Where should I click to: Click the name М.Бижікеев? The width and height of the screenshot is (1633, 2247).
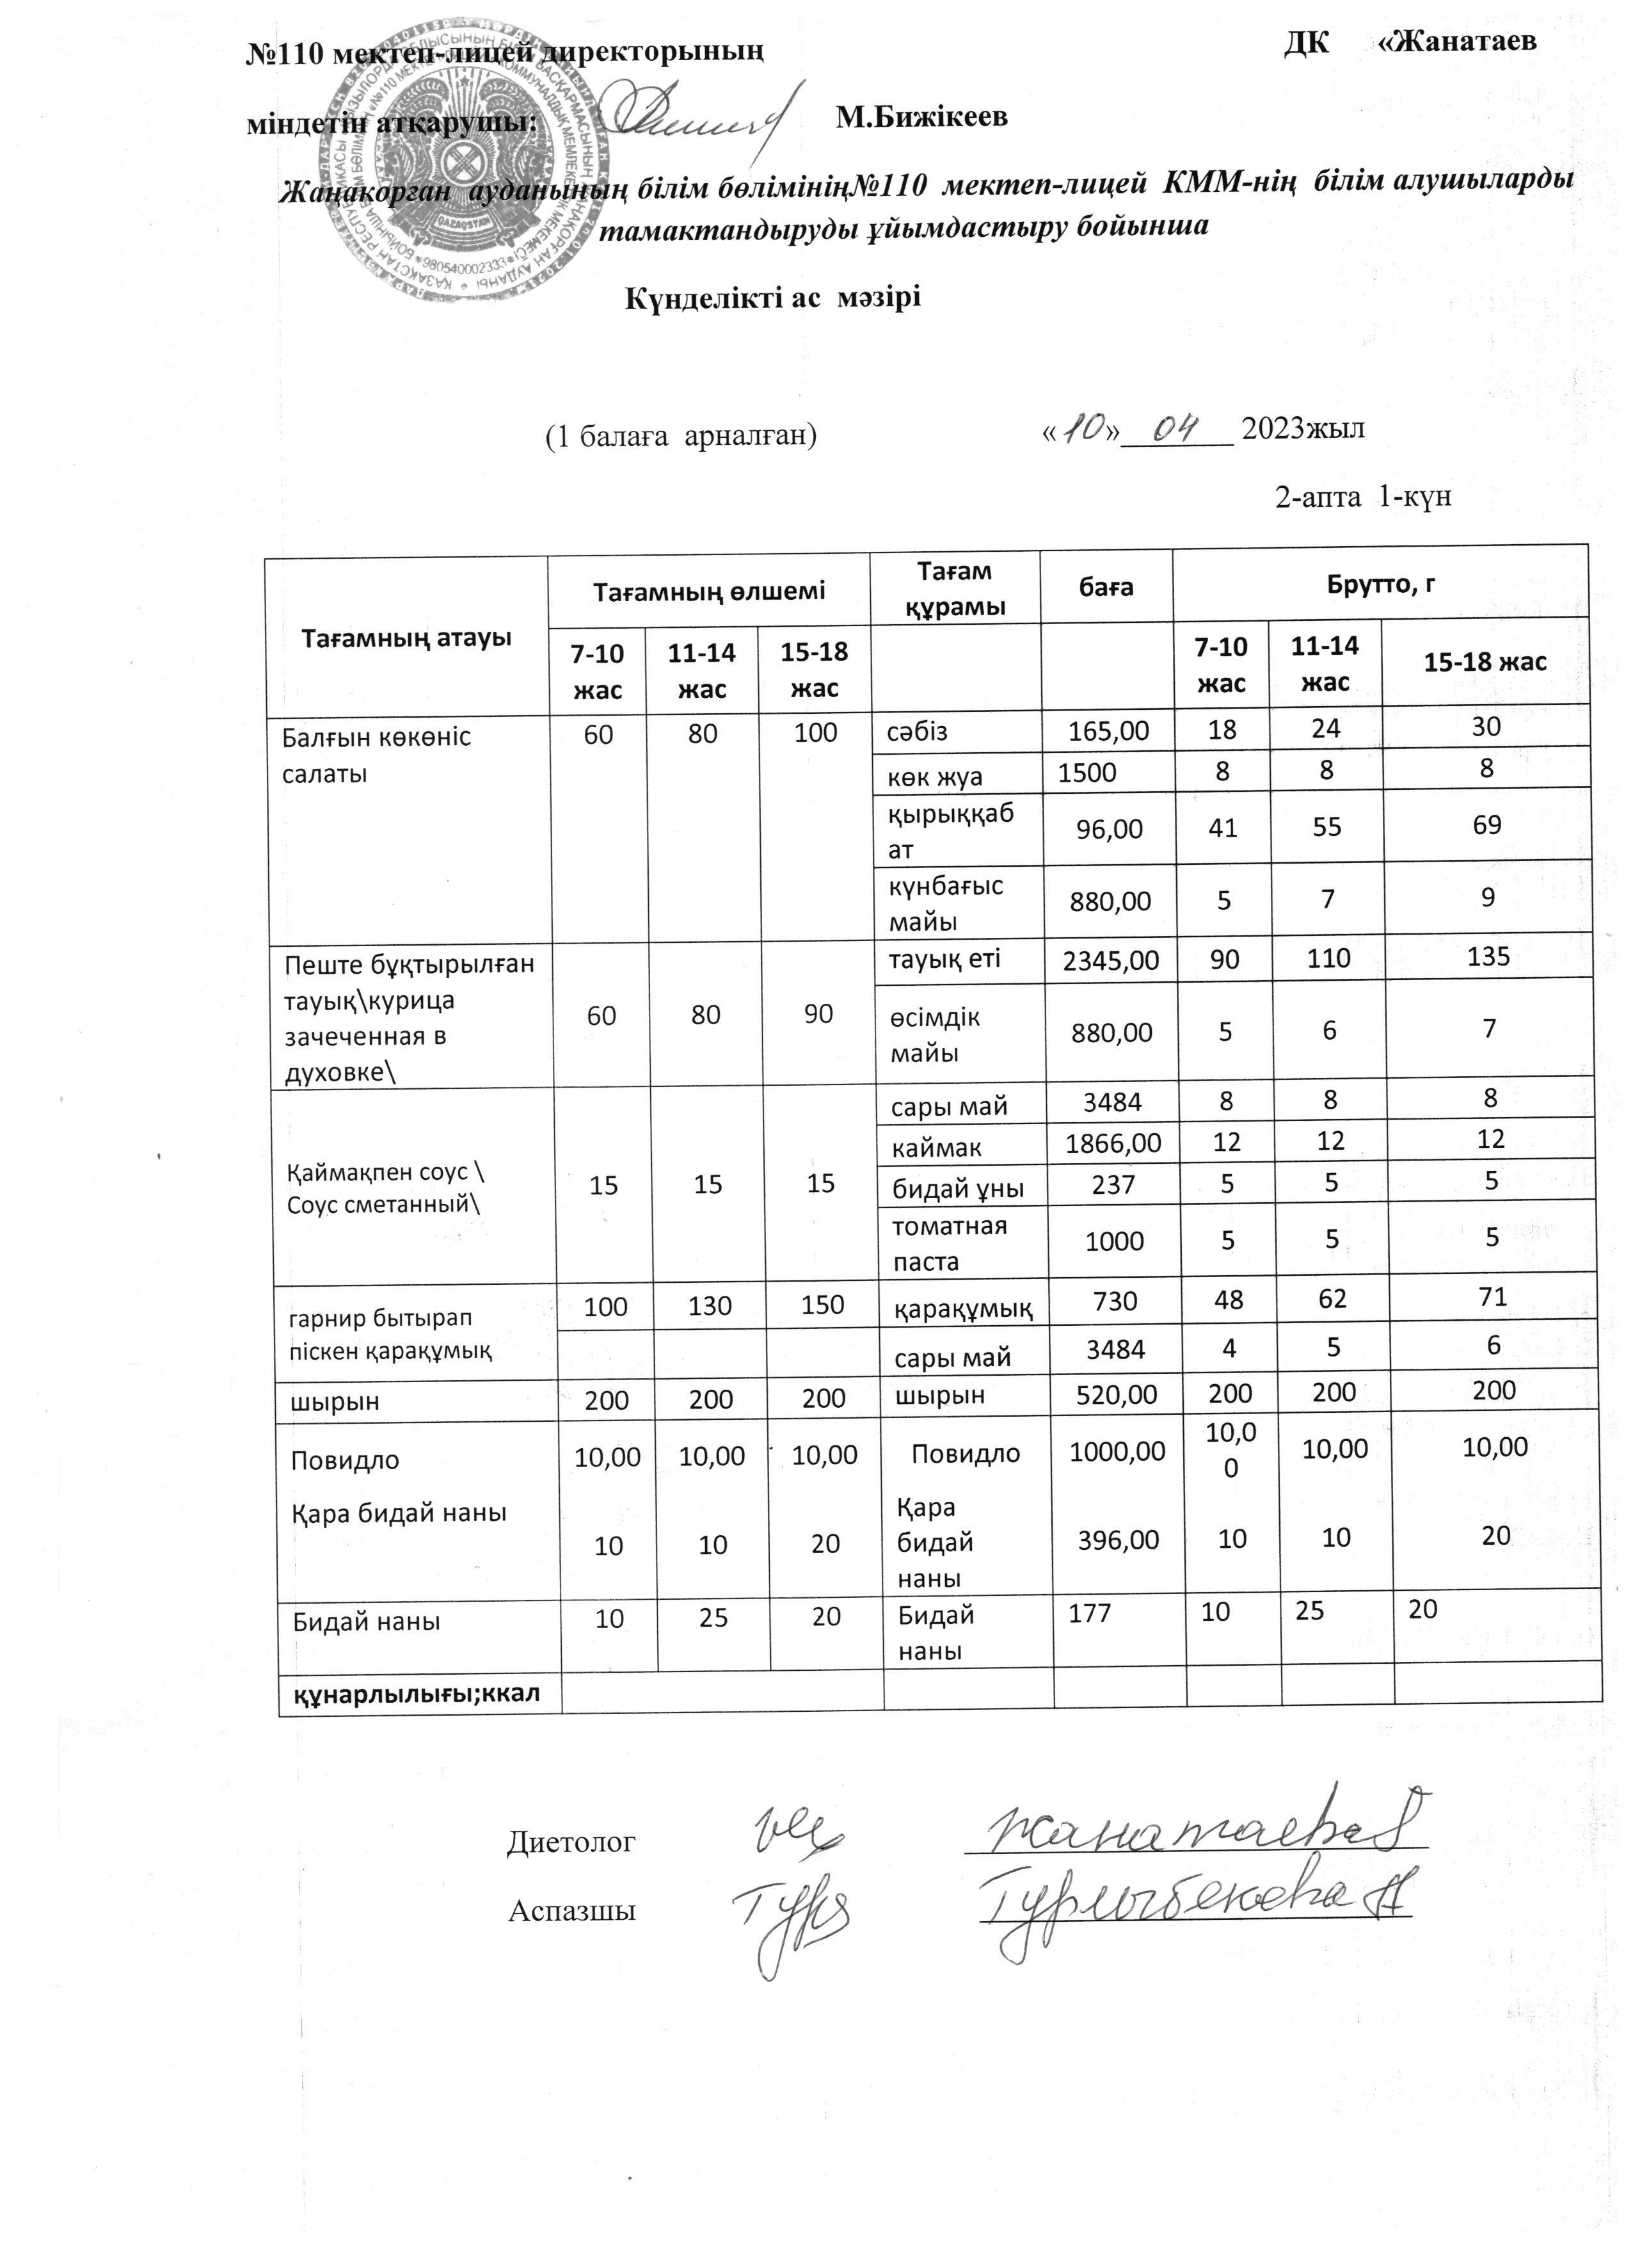tap(921, 118)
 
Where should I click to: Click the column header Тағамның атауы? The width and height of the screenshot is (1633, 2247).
tap(406, 637)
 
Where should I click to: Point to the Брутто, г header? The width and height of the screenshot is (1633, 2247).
tap(1380, 584)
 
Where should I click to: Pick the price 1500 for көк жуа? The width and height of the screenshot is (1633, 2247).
tap(1087, 773)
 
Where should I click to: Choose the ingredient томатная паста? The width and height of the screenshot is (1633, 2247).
tap(949, 1243)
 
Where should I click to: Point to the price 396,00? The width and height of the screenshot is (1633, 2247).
tap(1119, 1540)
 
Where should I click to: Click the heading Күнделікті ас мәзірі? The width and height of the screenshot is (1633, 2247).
tap(772, 297)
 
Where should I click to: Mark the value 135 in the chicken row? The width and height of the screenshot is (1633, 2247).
tap(1488, 956)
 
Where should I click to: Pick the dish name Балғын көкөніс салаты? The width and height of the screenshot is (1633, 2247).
tap(376, 754)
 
